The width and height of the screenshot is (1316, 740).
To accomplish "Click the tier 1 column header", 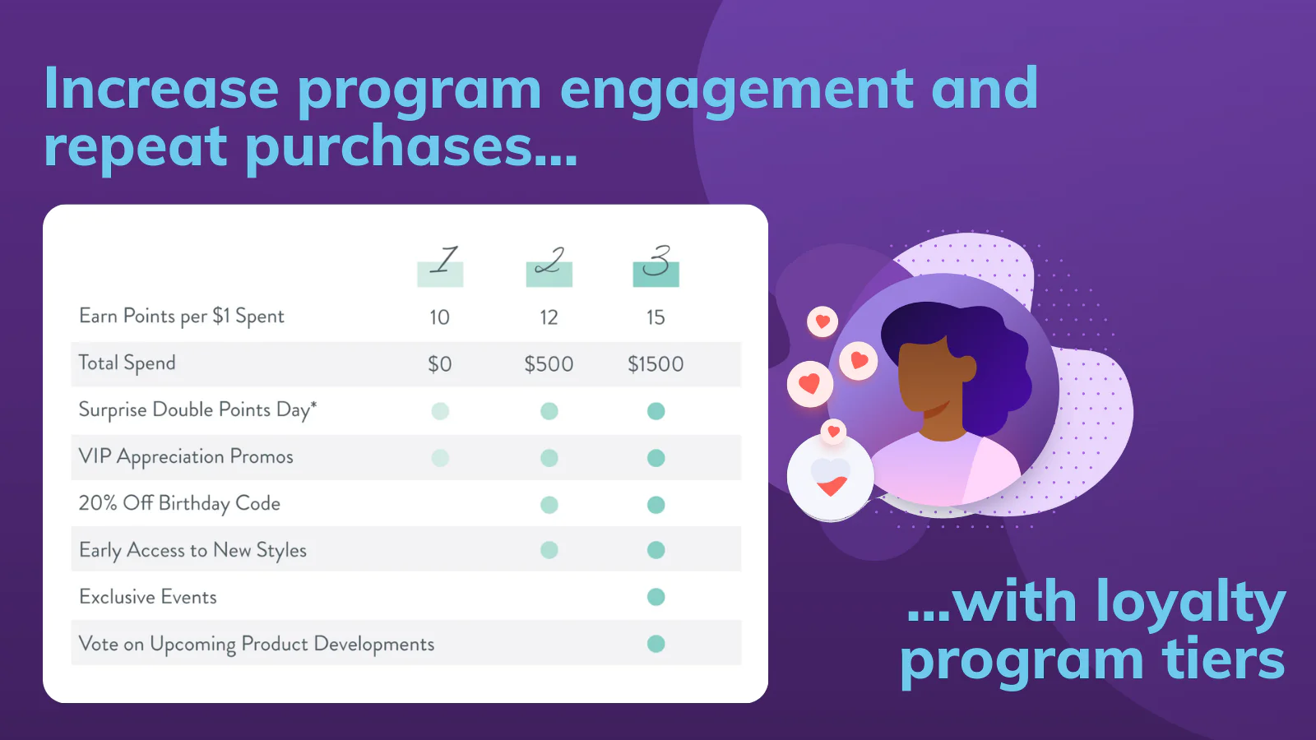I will pyautogui.click(x=441, y=265).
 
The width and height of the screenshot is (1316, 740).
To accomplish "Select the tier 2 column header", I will pyautogui.click(x=549, y=265).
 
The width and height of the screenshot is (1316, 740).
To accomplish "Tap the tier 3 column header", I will pyautogui.click(x=656, y=265).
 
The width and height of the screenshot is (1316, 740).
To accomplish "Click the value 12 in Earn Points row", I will pyautogui.click(x=549, y=317).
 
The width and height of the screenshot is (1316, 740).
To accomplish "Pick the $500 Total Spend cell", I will pyautogui.click(x=549, y=364).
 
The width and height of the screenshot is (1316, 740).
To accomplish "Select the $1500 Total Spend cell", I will pyautogui.click(x=656, y=364).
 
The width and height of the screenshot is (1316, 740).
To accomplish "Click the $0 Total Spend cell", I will pyautogui.click(x=440, y=364).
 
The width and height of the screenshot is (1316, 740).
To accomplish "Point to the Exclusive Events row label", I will pyautogui.click(x=148, y=597).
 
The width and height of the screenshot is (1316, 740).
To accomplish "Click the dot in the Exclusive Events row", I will pyautogui.click(x=656, y=597).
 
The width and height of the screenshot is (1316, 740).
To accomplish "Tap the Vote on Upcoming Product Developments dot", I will pyautogui.click(x=656, y=644).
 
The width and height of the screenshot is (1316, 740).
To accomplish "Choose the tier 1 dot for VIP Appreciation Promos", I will pyautogui.click(x=441, y=458).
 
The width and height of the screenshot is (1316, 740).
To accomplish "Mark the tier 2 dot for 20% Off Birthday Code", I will pyautogui.click(x=549, y=505).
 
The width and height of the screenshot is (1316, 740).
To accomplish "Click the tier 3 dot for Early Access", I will pyautogui.click(x=656, y=550).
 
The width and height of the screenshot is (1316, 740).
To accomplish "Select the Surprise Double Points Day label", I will pyautogui.click(x=197, y=410).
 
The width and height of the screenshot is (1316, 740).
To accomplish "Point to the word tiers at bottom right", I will pyautogui.click(x=1223, y=660).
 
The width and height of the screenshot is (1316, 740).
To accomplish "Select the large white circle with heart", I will pyautogui.click(x=831, y=478).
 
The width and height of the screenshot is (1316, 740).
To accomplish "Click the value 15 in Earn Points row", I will pyautogui.click(x=656, y=317).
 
